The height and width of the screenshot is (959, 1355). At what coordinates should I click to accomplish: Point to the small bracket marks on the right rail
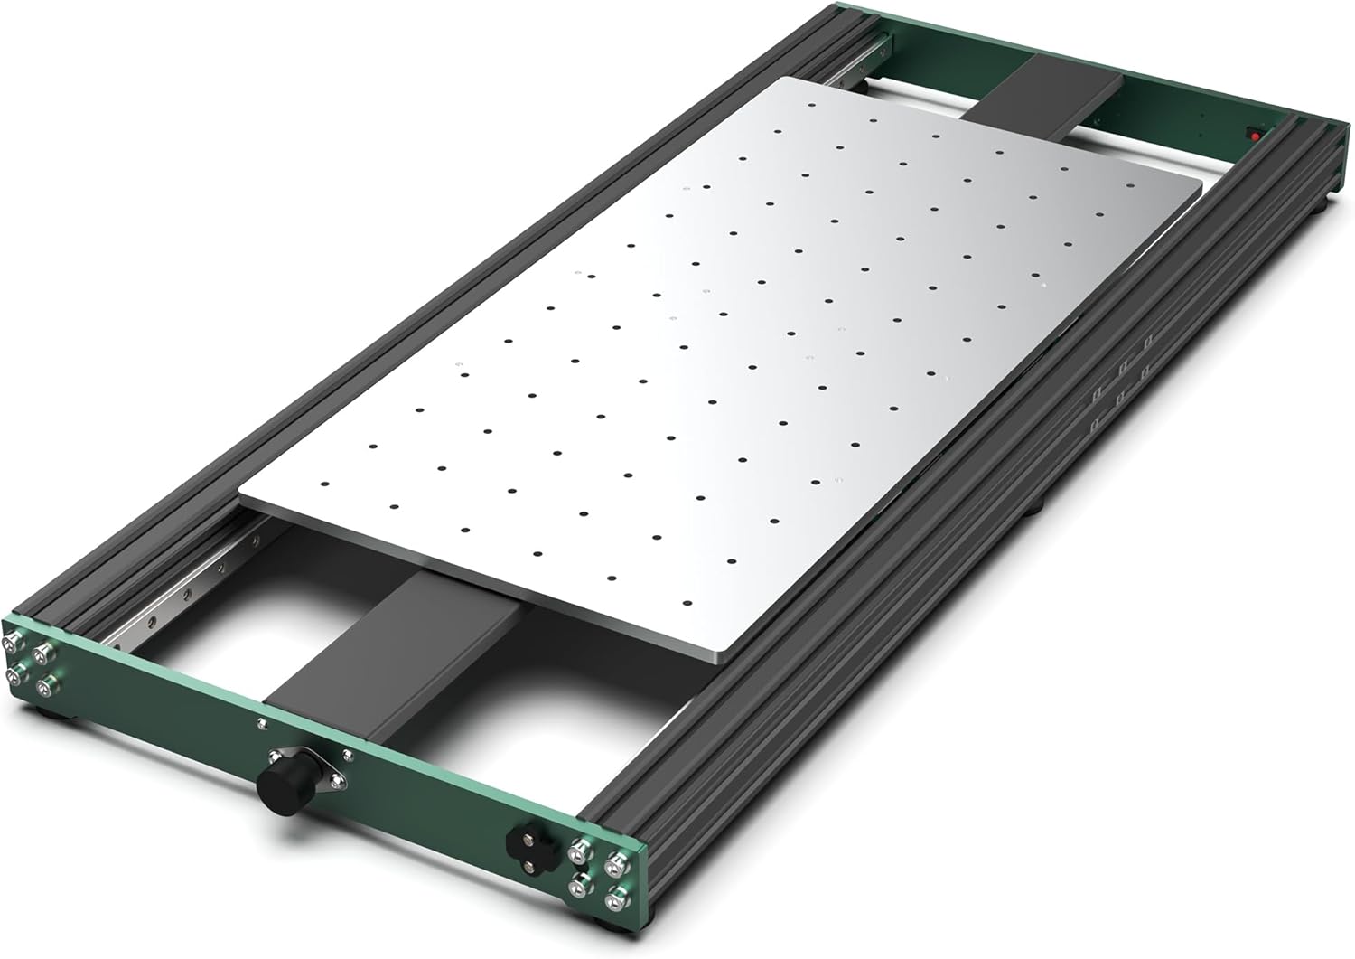tap(1120, 380)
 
